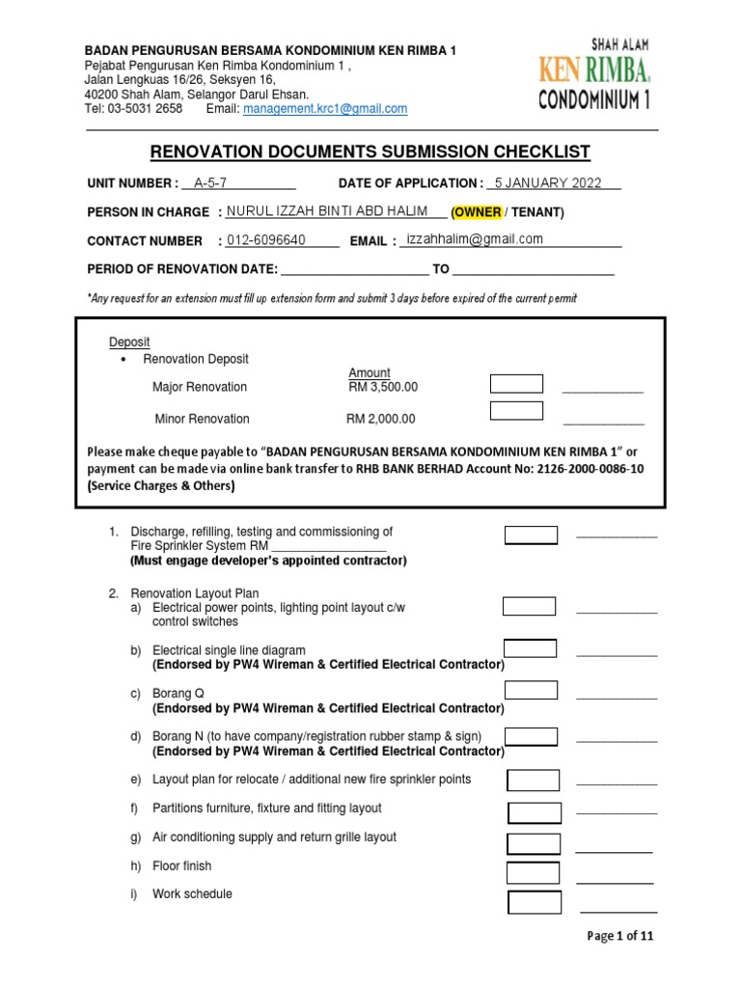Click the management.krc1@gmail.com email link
pos(325,109)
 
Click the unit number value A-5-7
pos(210,182)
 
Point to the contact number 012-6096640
pos(266,240)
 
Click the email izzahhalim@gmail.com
pos(475,239)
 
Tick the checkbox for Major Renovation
pos(516,384)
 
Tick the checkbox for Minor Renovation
pos(516,411)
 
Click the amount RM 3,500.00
pos(382,387)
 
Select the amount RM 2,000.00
pos(381,419)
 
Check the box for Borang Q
pos(531,691)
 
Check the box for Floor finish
pos(534,873)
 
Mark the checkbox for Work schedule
pos(535,903)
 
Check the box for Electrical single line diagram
pos(530,648)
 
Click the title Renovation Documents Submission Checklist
pos(370,151)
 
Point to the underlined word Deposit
pos(128,343)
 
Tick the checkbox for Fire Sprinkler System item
pos(531,535)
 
